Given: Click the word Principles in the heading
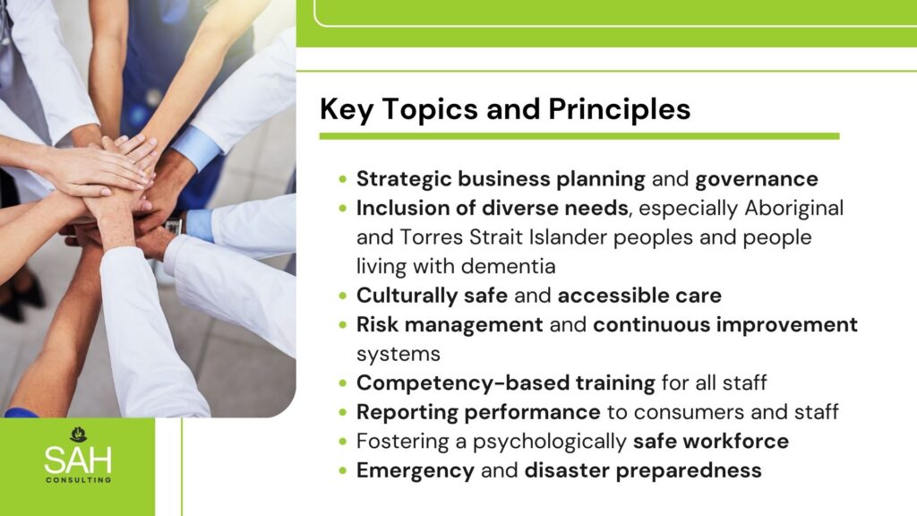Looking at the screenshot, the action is click(x=620, y=110).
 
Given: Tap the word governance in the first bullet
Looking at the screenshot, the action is click(x=756, y=179).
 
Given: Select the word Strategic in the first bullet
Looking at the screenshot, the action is click(x=404, y=179).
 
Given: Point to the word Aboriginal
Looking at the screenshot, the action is click(x=793, y=209).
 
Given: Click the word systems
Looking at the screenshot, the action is click(x=399, y=355).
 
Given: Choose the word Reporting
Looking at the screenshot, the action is click(x=407, y=413).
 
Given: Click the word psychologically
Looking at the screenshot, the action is click(x=550, y=443).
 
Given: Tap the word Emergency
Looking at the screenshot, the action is click(x=416, y=471).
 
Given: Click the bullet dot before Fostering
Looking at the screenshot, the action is click(x=343, y=441).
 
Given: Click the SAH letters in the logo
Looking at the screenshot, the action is click(x=78, y=460).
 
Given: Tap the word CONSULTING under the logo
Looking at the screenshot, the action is click(x=79, y=480).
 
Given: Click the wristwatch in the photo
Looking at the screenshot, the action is click(x=174, y=224).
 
